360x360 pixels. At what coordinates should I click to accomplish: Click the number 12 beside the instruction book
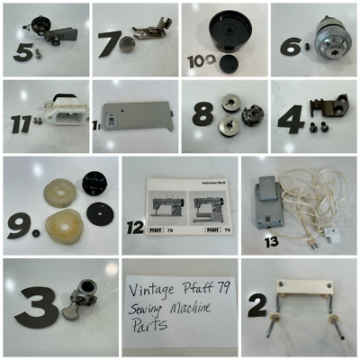135,228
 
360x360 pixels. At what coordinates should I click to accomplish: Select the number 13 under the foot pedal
269,241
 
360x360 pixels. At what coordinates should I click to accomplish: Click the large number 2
257,306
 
